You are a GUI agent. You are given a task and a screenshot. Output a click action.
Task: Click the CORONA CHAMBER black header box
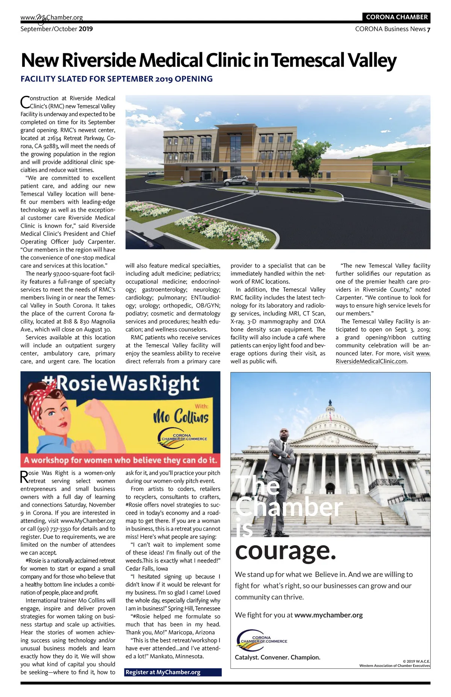pos(397,17)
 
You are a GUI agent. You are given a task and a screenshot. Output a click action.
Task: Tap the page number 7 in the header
pos(428,29)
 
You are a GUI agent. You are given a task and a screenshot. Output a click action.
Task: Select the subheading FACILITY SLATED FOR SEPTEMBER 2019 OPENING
pos(117,79)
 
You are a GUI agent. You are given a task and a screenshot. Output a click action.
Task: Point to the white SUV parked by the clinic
pos(236,180)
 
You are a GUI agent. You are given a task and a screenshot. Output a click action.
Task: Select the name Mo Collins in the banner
pos(181,417)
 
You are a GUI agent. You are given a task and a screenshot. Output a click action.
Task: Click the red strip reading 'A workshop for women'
pos(120,460)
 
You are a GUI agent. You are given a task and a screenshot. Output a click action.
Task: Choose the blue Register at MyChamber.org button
pos(173,672)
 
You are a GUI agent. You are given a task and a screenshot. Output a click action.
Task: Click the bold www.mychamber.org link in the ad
pos(328,615)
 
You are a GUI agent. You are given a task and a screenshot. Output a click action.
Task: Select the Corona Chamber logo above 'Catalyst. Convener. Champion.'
pos(262,640)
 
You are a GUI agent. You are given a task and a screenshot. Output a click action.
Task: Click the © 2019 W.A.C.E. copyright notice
pos(416,661)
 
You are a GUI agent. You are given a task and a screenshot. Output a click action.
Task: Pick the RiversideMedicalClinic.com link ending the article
pos(371,361)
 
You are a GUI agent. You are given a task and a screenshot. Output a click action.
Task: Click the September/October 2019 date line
pos(56,29)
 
